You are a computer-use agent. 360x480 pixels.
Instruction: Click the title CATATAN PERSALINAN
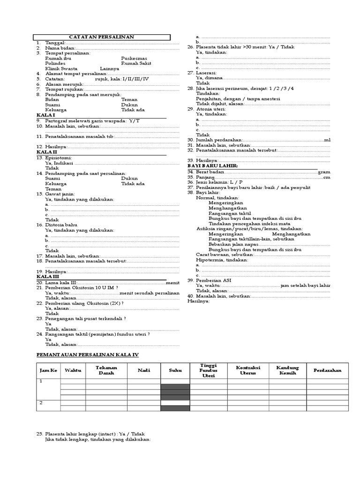(x=101, y=37)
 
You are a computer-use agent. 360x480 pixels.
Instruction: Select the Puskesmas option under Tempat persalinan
(x=134, y=58)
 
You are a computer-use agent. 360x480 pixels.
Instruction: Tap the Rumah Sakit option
(x=136, y=63)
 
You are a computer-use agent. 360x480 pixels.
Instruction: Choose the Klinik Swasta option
(x=61, y=68)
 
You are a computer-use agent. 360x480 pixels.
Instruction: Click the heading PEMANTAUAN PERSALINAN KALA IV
(x=88, y=355)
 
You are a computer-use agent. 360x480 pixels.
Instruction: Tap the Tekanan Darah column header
(x=106, y=370)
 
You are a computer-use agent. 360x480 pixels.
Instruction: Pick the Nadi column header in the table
(x=144, y=370)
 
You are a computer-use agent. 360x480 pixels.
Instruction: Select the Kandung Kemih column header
(x=288, y=370)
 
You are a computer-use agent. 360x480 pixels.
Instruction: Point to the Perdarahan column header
(x=327, y=370)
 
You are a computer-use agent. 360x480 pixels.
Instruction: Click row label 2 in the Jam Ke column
(x=41, y=402)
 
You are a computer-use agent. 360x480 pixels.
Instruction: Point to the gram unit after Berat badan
(x=324, y=172)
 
